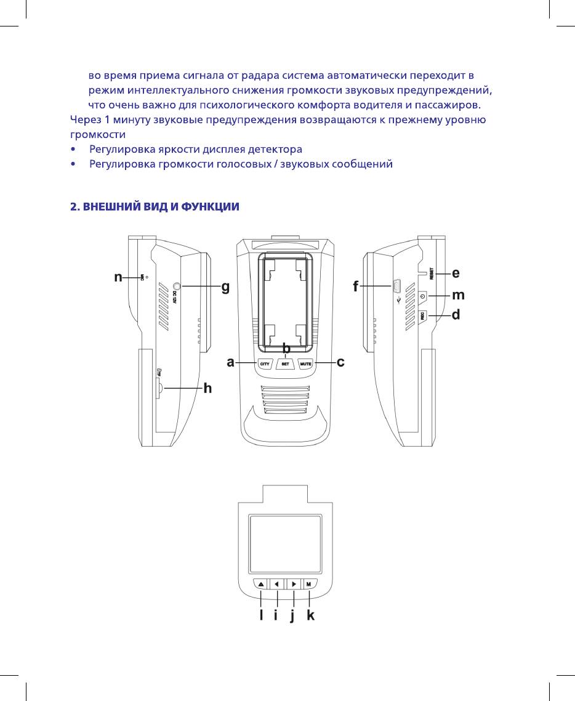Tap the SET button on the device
285,364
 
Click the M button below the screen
308,583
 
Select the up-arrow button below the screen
260,583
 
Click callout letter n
118,278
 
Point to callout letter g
225,287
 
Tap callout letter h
207,388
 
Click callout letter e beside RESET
456,272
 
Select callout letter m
457,296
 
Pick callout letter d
456,315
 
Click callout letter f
356,286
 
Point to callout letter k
310,615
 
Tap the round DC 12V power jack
177,286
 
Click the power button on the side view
422,296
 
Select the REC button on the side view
422,316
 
